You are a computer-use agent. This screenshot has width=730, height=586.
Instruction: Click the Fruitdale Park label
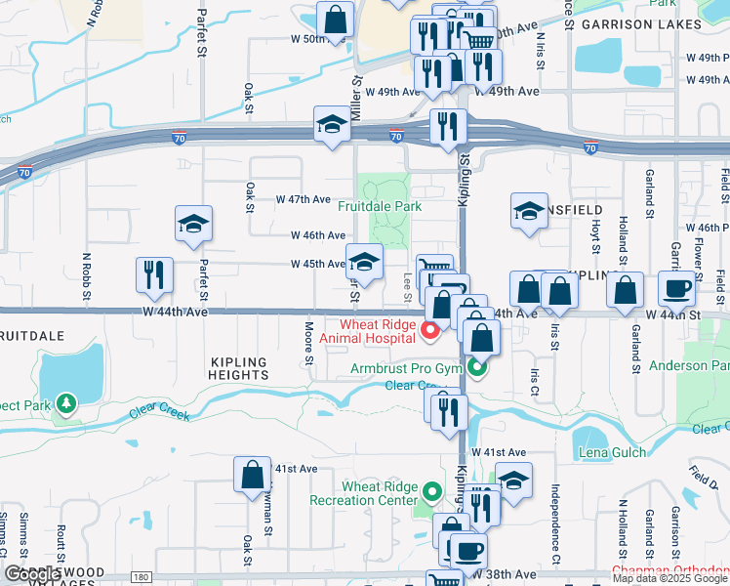coord(380,207)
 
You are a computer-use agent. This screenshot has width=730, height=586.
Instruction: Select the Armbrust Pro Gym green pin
coord(476,367)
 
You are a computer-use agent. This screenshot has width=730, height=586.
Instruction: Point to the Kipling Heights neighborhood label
coord(239,368)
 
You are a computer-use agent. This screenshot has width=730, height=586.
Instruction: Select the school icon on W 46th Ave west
coord(193,225)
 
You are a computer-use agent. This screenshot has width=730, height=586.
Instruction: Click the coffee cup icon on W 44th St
coord(677,288)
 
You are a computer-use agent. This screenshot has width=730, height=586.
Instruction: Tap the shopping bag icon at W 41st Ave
coord(252,476)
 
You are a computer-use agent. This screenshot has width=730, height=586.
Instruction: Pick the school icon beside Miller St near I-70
coord(332,125)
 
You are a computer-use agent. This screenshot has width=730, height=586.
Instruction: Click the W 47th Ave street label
coord(304,198)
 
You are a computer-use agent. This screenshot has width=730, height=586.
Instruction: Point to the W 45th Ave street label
coord(317,264)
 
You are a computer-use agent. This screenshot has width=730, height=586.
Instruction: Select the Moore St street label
coord(308,344)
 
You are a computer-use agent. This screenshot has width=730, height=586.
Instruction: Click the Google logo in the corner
coord(32,575)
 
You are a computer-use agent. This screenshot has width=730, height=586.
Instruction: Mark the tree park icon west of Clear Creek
coord(65,402)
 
